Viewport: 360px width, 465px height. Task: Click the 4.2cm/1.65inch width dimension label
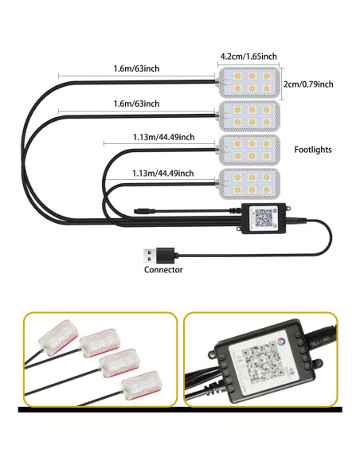(248, 57)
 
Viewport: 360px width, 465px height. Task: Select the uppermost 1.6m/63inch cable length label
(136, 68)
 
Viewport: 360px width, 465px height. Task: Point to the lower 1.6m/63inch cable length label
(136, 104)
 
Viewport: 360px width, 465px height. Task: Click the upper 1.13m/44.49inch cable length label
(163, 137)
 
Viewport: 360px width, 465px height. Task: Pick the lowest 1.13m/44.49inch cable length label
(163, 173)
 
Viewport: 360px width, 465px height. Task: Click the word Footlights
(312, 149)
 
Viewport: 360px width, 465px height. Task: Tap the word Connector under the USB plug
(163, 269)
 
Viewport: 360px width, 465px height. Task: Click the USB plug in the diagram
(151, 255)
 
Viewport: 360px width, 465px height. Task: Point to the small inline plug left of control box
(143, 213)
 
